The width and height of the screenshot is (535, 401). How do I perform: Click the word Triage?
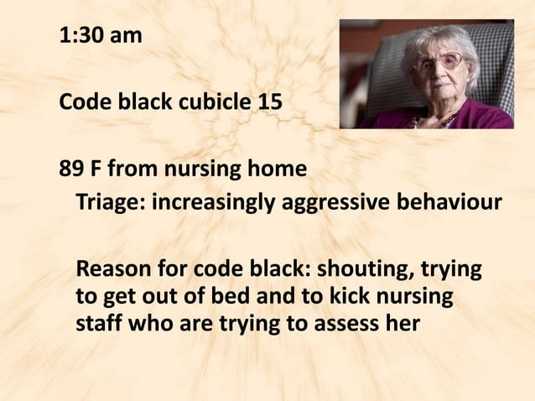tap(106, 203)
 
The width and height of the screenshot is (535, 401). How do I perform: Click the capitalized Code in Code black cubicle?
tap(82, 103)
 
